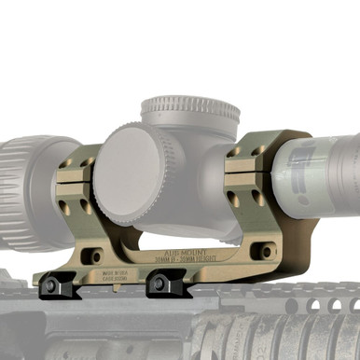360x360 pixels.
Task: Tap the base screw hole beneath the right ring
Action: coord(267,251)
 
